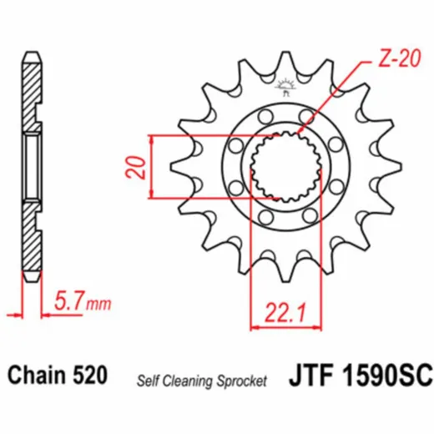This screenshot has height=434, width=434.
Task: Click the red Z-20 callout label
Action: coord(398,59)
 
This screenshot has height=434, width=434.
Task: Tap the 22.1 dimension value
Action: coord(285,312)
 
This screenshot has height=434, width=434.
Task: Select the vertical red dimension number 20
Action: coord(136,168)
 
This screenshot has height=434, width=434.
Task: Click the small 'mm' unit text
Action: coord(98,305)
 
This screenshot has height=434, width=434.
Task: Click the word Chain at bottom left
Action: coord(37,375)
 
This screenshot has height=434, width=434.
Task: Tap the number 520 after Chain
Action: coord(90,375)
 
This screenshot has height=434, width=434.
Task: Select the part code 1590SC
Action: coord(387,376)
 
